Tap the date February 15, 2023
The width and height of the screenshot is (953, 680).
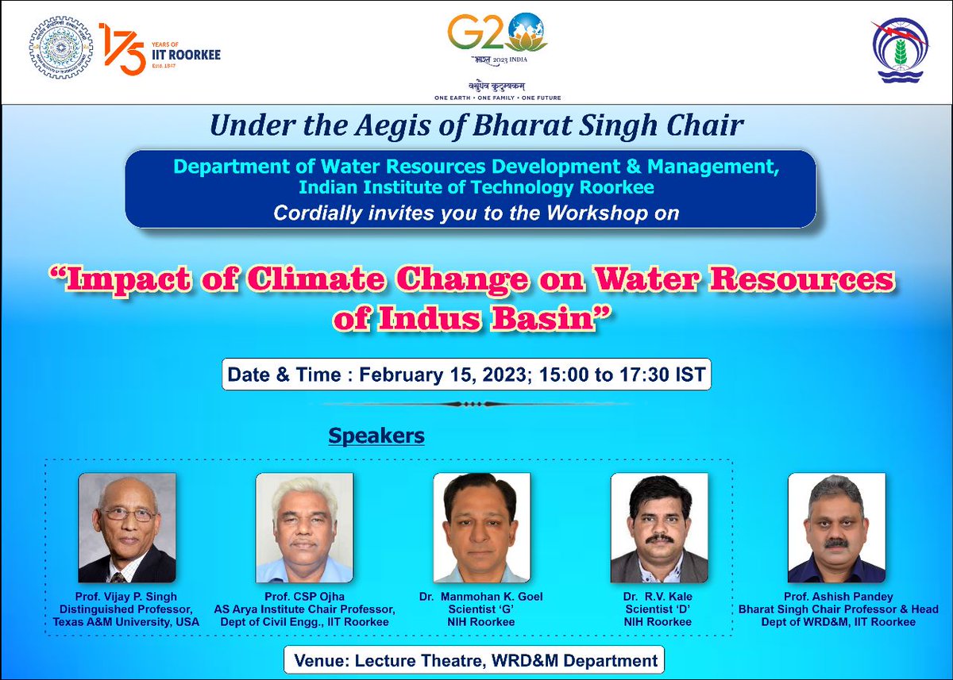point(442,374)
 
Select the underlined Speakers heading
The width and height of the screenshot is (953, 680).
point(376,436)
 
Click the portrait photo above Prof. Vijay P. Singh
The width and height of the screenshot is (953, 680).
point(127,528)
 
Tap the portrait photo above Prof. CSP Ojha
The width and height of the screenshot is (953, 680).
point(304,528)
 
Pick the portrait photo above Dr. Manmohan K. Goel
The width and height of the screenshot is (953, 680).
point(482,528)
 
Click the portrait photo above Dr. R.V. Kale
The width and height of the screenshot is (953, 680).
point(658,528)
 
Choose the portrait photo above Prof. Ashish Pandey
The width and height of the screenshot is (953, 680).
point(836,528)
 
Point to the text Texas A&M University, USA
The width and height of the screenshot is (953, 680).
point(126,622)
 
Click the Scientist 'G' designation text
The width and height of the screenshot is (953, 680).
point(481,609)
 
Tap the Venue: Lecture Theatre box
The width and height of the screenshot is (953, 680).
point(475,660)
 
